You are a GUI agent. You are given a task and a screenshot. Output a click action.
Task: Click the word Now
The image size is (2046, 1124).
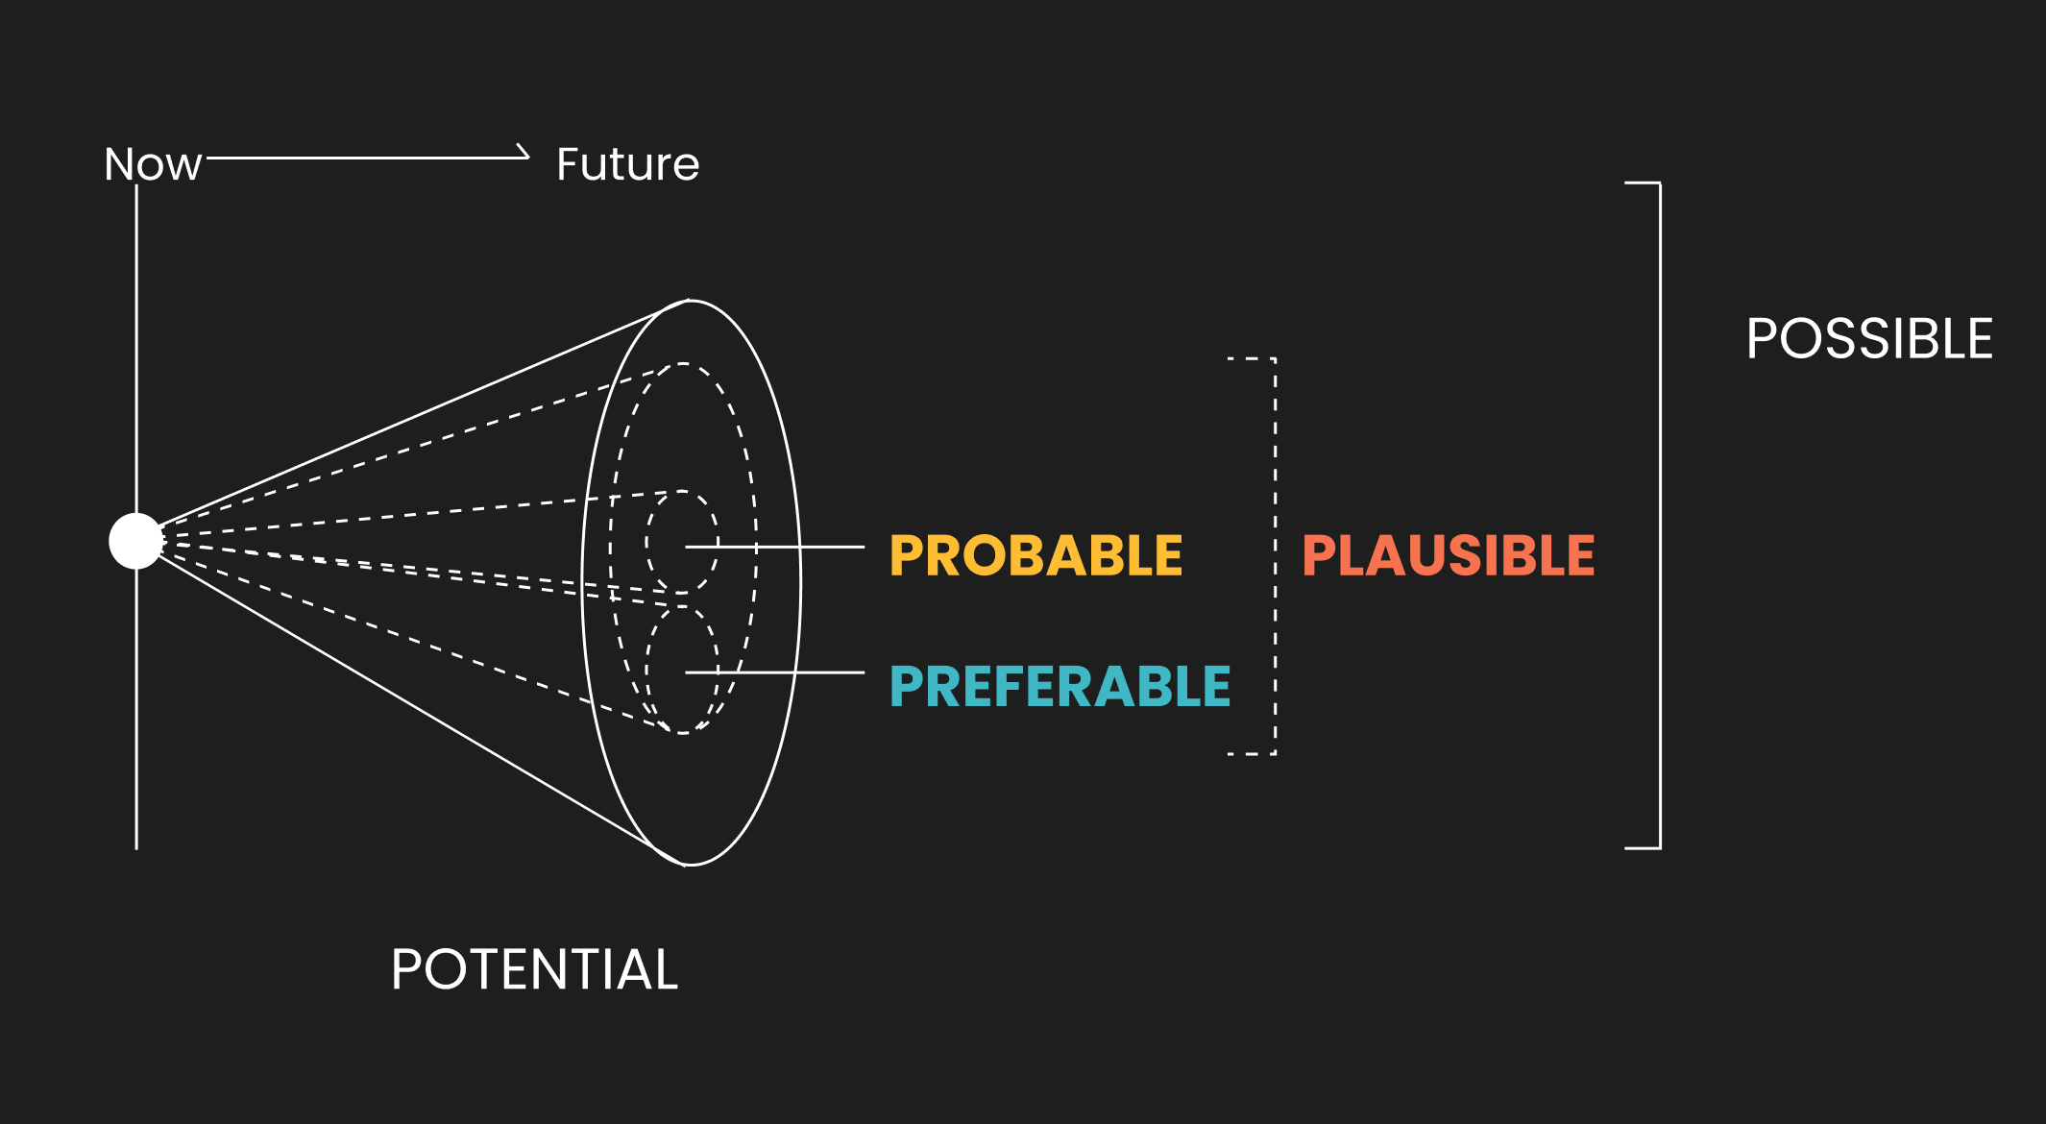point(153,164)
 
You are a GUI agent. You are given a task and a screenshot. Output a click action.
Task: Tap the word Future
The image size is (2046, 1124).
point(628,164)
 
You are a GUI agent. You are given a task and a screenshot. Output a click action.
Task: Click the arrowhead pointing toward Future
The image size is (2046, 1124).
point(523,152)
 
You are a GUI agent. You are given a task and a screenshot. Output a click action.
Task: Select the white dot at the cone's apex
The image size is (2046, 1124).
point(136,541)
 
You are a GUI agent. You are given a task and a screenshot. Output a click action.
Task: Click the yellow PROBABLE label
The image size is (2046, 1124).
point(1036,555)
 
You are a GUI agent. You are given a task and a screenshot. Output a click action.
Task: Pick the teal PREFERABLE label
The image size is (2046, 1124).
point(1060,686)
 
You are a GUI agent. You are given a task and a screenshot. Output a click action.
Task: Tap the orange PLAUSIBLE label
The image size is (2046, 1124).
point(1449,555)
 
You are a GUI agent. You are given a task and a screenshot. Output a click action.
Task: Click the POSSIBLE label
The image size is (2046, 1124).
point(1869,338)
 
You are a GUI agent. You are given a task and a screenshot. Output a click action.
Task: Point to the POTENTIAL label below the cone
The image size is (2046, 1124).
point(535,969)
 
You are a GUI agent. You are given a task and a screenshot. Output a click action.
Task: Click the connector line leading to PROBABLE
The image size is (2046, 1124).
point(774,547)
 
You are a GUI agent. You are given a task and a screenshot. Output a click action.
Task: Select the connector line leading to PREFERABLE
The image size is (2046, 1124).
point(774,672)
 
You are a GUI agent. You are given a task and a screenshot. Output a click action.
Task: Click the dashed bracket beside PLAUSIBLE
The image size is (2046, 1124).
point(1275,556)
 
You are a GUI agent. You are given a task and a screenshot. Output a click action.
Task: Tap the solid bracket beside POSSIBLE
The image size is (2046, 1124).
point(1660,515)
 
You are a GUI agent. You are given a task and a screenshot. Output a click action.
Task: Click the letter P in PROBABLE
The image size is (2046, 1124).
point(907,555)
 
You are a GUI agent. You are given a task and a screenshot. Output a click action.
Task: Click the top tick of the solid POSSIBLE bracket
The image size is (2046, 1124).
point(1643,183)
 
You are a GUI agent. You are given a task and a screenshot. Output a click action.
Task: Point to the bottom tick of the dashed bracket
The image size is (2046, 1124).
point(1252,754)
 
